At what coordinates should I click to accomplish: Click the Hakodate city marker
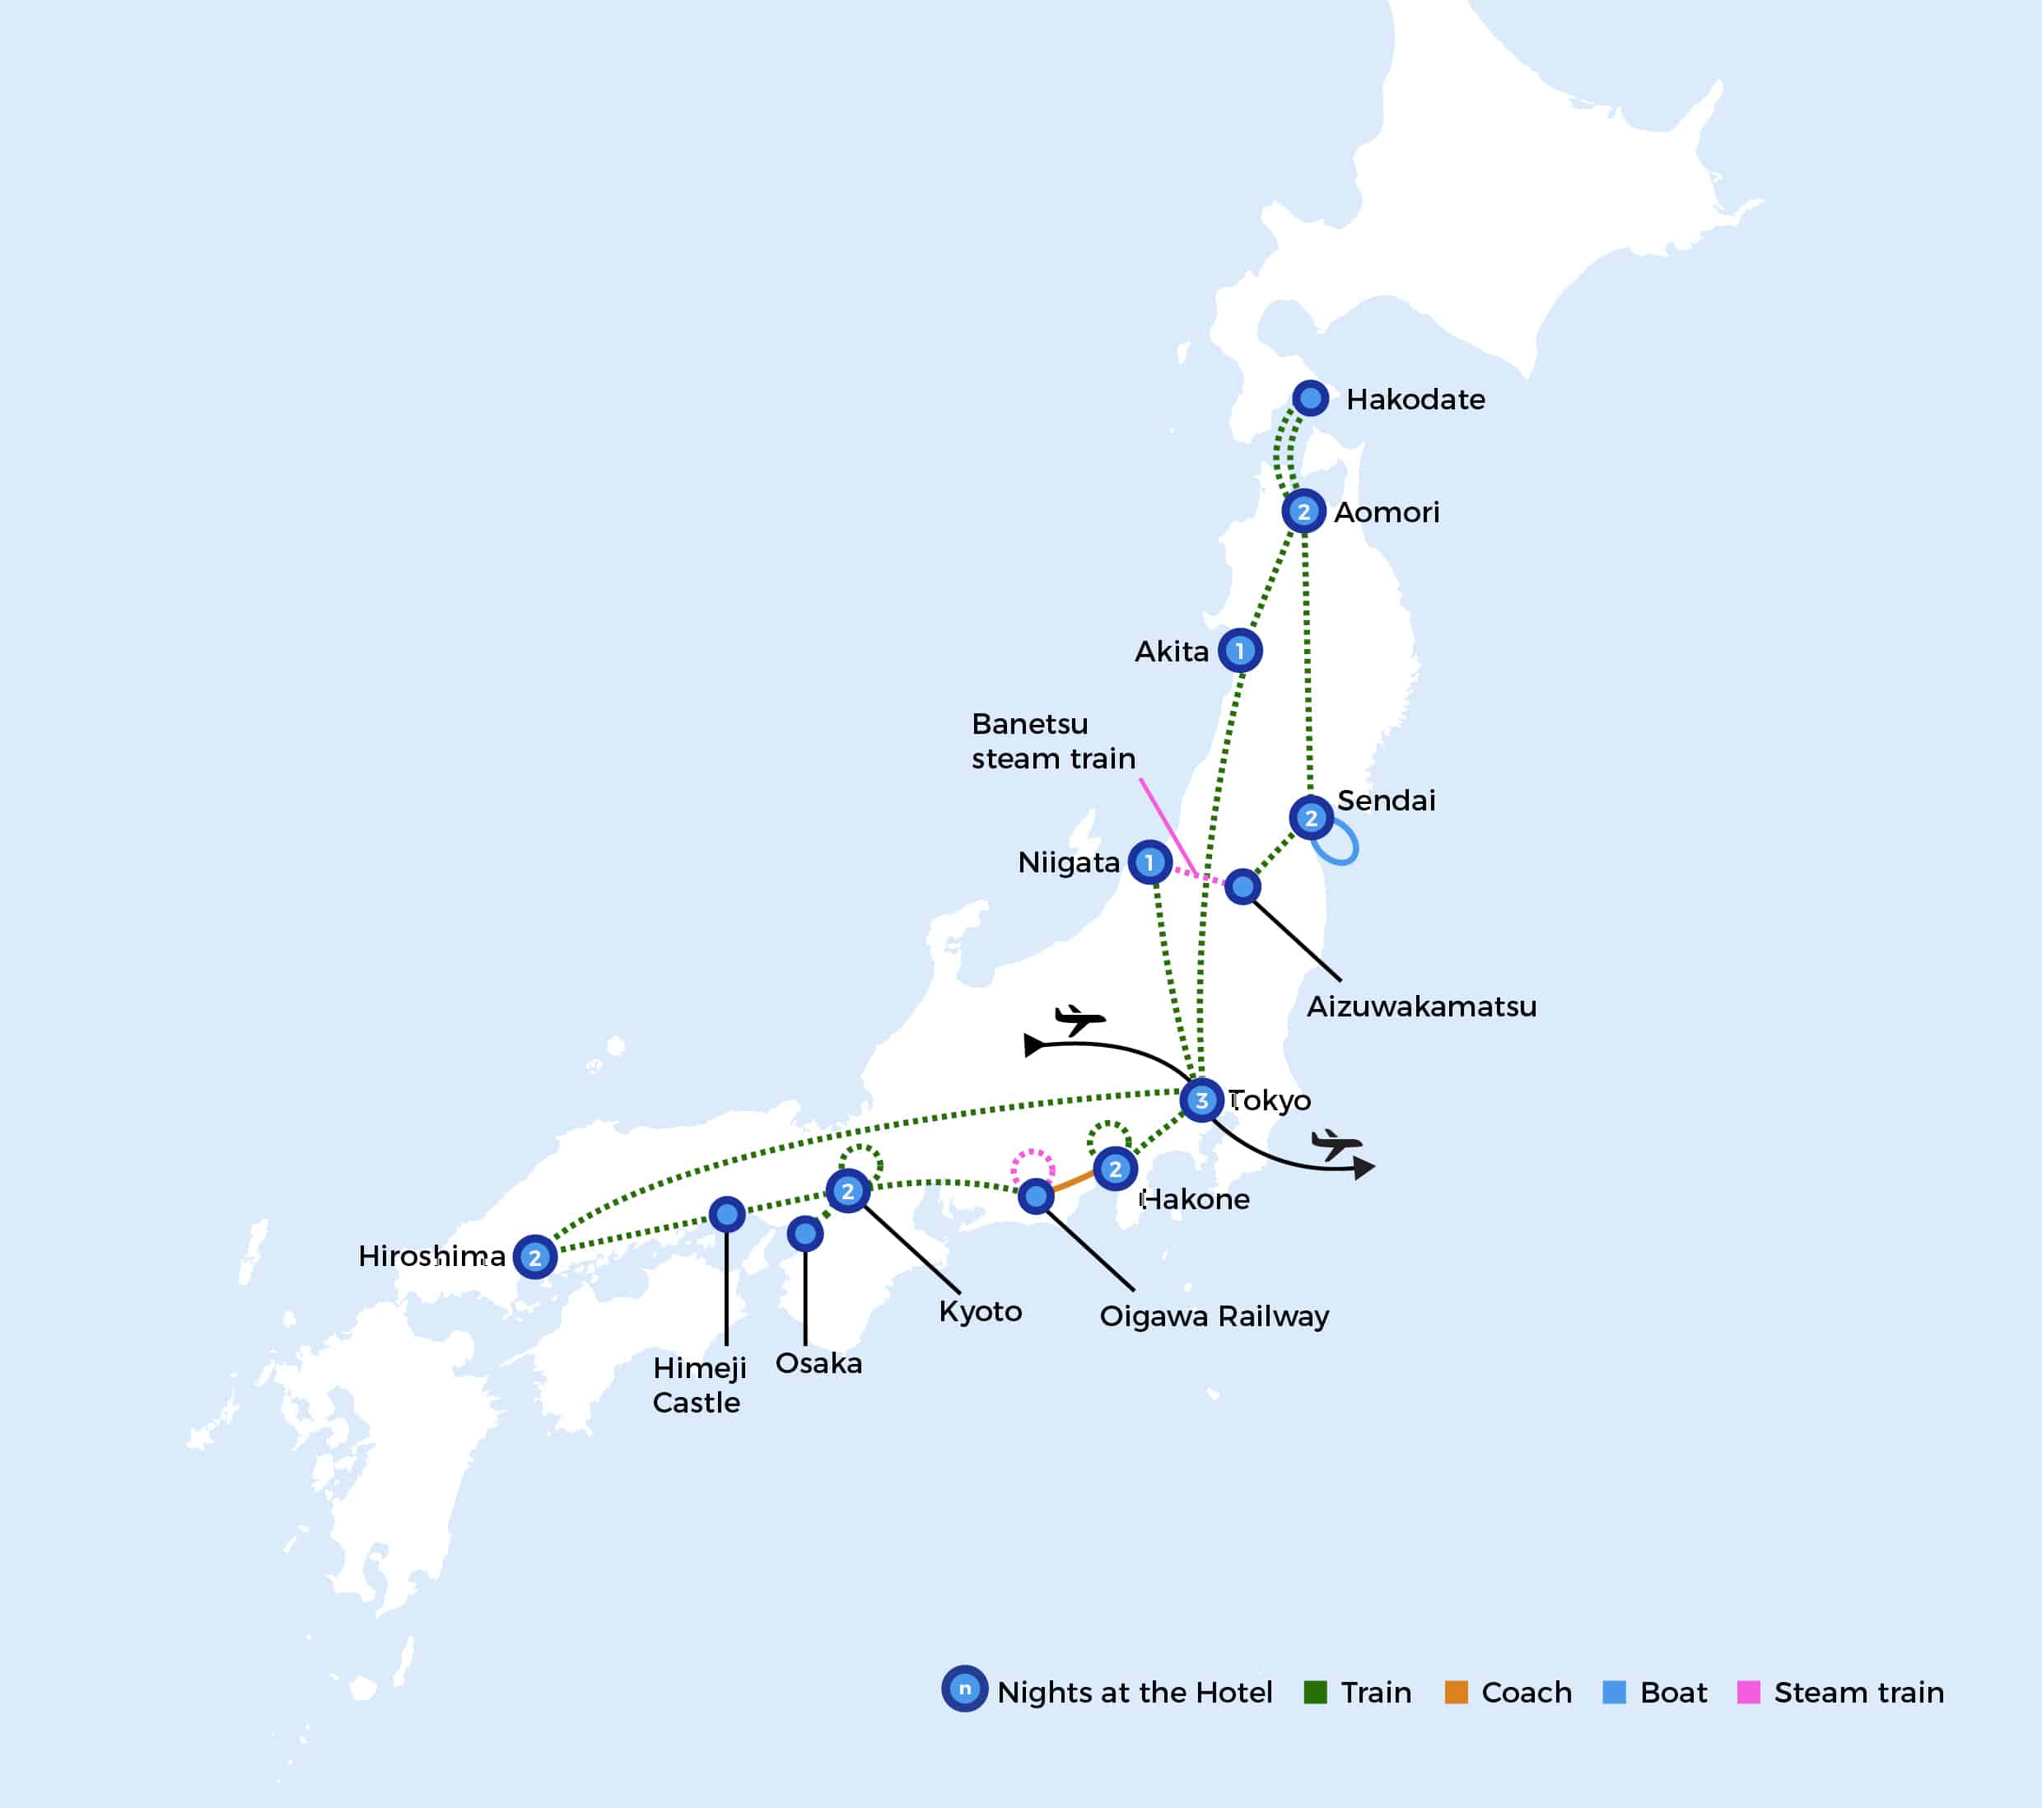[1310, 398]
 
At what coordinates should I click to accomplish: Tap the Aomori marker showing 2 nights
[1303, 511]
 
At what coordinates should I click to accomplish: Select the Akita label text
[1171, 652]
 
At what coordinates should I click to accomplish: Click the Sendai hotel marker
[1311, 818]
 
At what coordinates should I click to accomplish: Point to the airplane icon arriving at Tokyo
[1079, 1020]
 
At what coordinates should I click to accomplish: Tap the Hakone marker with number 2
[1115, 1168]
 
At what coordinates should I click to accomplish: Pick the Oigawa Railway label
[1214, 1315]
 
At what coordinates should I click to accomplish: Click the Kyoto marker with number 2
[847, 1190]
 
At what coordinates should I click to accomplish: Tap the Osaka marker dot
[804, 1233]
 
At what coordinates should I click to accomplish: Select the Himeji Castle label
[698, 1385]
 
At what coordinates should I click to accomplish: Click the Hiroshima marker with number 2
[534, 1256]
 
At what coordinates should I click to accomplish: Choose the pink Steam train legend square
[1748, 1692]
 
